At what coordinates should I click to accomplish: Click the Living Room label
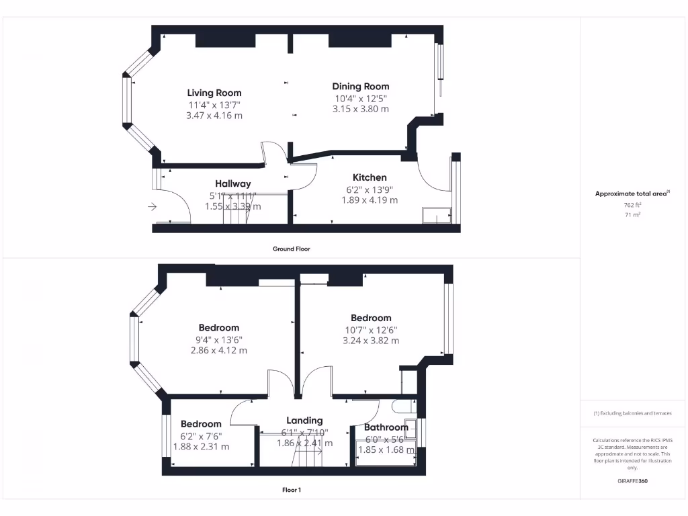point(214,93)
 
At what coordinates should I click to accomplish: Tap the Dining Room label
point(361,86)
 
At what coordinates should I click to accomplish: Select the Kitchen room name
point(370,177)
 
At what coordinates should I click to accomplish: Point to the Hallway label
point(233,183)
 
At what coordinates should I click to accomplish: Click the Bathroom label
point(386,427)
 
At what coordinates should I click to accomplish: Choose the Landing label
point(304,421)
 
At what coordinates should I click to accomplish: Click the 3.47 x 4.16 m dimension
point(214,116)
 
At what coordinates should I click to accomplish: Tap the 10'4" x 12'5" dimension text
point(361,98)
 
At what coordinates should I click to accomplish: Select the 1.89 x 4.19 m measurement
point(370,200)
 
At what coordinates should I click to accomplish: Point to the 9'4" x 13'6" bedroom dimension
point(219,339)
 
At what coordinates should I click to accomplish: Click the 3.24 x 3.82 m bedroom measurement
point(371,341)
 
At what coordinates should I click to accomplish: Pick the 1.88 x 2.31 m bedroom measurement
point(201,446)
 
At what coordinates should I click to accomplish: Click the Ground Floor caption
point(291,249)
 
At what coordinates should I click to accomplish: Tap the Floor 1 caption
point(291,490)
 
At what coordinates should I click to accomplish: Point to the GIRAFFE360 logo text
point(632,481)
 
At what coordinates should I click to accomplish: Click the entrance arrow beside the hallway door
point(152,207)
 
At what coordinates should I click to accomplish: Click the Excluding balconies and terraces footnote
point(632,413)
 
